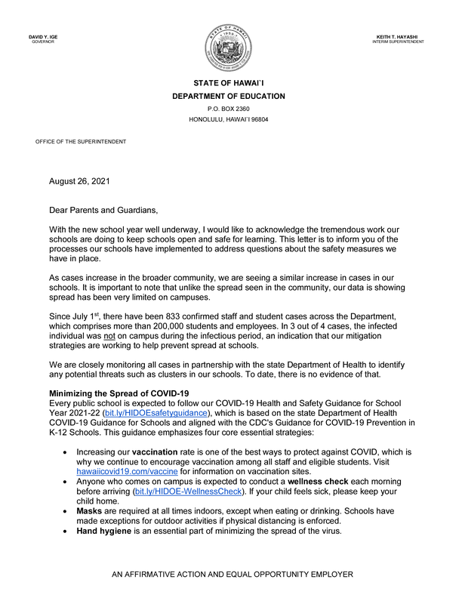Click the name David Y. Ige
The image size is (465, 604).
pos(44,37)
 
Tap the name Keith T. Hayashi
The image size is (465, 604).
pos(398,37)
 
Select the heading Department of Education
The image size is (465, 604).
pos(229,96)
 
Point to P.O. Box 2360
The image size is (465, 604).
pos(229,109)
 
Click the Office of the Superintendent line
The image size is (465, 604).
pos(81,142)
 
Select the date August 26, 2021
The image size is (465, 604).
pos(79,181)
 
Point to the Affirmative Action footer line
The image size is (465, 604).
pos(232,575)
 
